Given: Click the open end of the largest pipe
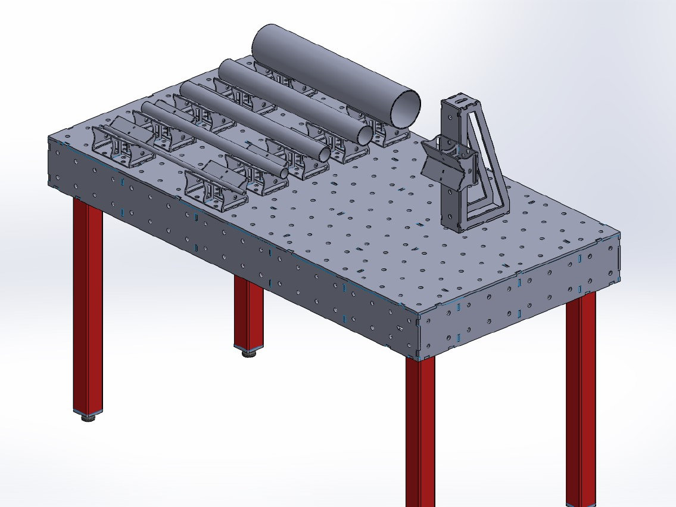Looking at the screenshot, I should [x=405, y=108].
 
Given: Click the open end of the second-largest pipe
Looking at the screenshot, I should [x=365, y=135].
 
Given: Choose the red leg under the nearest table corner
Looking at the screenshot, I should [x=420, y=429].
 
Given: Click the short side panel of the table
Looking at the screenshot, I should [x=518, y=310].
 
